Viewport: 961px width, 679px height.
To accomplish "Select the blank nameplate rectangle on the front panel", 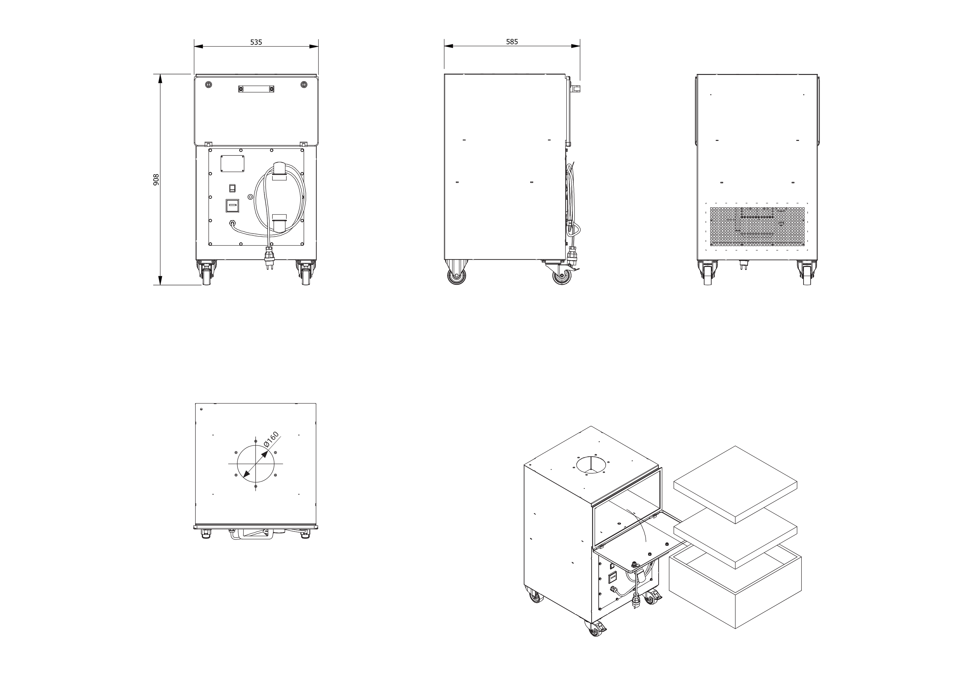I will pyautogui.click(x=233, y=163).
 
